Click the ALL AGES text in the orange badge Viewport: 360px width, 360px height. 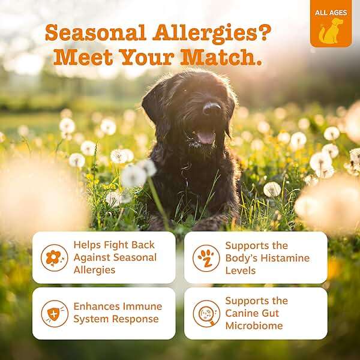[x=331, y=13]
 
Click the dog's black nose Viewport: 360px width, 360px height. [x=211, y=109]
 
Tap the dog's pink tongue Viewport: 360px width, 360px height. [x=206, y=137]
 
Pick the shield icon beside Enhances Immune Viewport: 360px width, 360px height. [x=54, y=313]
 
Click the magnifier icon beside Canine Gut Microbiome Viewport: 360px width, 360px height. [x=206, y=313]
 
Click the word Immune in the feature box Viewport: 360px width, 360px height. [x=143, y=307]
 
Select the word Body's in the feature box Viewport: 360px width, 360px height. [x=243, y=258]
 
